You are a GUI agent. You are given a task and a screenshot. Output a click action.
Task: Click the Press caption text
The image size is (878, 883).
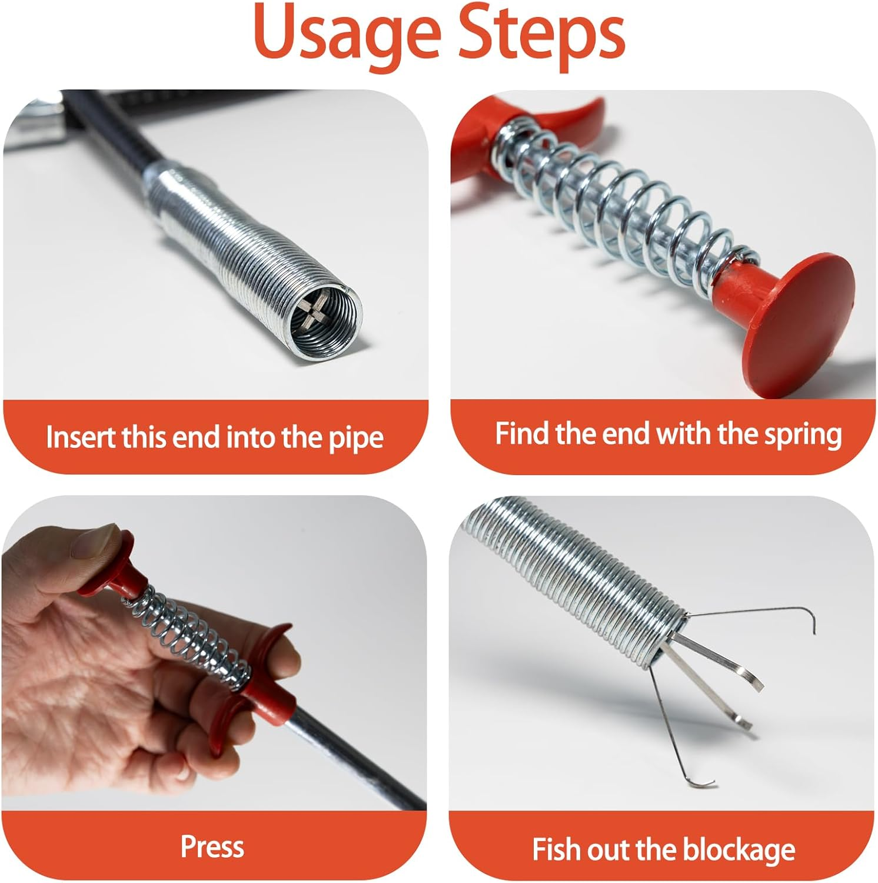tap(212, 847)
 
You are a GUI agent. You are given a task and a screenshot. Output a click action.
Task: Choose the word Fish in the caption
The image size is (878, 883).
tap(557, 849)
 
